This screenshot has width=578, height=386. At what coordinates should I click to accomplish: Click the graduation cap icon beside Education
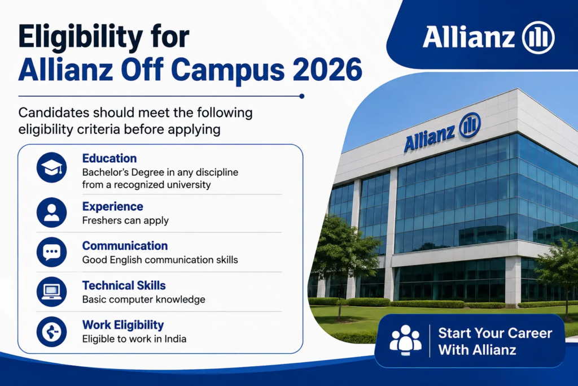coord(51,167)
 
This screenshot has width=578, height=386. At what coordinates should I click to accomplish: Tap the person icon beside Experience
coord(51,212)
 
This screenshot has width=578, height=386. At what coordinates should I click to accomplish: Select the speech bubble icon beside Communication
coord(51,252)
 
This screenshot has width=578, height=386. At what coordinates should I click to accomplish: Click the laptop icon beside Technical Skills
coord(51,292)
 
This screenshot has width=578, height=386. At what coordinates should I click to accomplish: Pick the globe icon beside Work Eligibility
coord(51,331)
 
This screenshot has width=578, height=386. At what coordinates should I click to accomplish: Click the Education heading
coord(110,158)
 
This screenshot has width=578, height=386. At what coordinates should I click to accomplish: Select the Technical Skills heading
coord(124,285)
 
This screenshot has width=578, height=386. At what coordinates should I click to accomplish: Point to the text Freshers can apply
coord(125,220)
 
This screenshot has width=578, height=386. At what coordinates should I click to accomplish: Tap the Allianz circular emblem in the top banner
coord(538,37)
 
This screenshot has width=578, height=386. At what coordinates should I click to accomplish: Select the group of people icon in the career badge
coord(405,340)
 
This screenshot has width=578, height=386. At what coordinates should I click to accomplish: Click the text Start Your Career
coord(495,333)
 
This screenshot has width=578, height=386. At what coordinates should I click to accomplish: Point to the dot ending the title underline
coord(302,96)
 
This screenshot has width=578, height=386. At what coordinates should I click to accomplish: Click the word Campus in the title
coord(228,70)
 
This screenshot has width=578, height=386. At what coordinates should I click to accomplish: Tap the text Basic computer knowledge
coord(144,300)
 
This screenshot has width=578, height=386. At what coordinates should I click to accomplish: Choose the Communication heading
coord(125,246)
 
